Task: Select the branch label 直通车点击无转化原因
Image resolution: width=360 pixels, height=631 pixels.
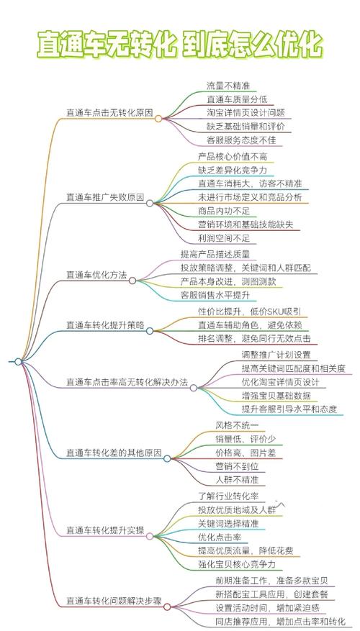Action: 109,113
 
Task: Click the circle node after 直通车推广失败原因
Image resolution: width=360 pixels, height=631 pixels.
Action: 150,203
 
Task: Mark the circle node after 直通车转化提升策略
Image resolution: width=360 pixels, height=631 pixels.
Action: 150,331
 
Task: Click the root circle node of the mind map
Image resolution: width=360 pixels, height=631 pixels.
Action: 18,361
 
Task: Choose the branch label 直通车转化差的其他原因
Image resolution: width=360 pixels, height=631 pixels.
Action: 114,453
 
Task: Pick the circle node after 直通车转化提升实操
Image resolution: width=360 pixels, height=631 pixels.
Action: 150,536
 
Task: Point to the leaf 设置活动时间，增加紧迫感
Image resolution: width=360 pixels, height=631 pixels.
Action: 267,607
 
